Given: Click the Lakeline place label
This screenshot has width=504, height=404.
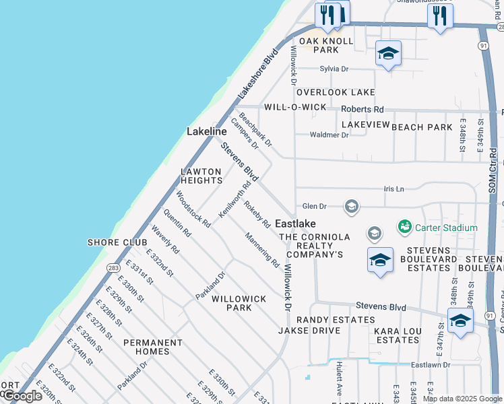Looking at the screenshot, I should point(206,132).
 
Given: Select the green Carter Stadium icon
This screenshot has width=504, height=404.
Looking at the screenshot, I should point(405,228).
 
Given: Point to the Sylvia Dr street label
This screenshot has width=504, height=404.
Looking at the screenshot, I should point(334,69).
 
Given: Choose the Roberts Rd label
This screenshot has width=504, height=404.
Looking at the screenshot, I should point(362,109).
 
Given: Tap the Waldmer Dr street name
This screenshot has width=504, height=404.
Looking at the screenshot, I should point(329,135).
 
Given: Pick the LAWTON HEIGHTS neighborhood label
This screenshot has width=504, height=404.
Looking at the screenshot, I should point(201,176).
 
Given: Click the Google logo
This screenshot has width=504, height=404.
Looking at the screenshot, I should point(22,396).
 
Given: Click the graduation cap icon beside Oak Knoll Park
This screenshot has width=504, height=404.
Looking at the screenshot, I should point(388,53).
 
